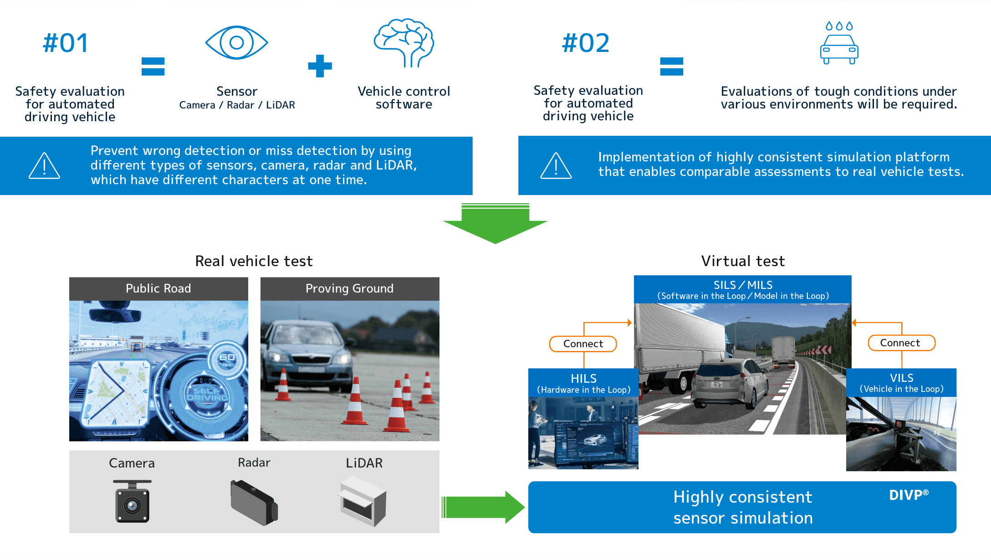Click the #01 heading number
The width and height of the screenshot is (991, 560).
click(66, 43)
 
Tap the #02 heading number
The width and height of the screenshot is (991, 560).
click(586, 43)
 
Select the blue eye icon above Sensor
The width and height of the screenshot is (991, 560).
click(236, 42)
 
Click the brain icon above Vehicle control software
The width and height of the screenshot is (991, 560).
click(404, 42)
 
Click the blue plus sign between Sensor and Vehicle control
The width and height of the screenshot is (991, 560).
click(320, 66)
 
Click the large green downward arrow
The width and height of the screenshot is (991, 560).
click(495, 223)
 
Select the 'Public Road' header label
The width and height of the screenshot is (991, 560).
click(158, 288)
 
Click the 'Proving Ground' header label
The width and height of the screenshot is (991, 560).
click(349, 288)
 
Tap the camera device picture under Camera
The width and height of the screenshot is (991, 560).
click(132, 501)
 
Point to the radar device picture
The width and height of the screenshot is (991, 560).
click(254, 502)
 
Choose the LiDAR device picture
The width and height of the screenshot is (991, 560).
click(363, 501)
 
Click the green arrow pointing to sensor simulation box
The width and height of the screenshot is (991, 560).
click(483, 507)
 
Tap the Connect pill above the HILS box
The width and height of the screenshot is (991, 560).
click(583, 344)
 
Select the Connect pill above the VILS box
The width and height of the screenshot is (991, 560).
click(901, 343)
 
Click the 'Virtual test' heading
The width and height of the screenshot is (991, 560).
click(743, 261)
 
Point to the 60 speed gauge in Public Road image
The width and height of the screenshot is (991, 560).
click(227, 359)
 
